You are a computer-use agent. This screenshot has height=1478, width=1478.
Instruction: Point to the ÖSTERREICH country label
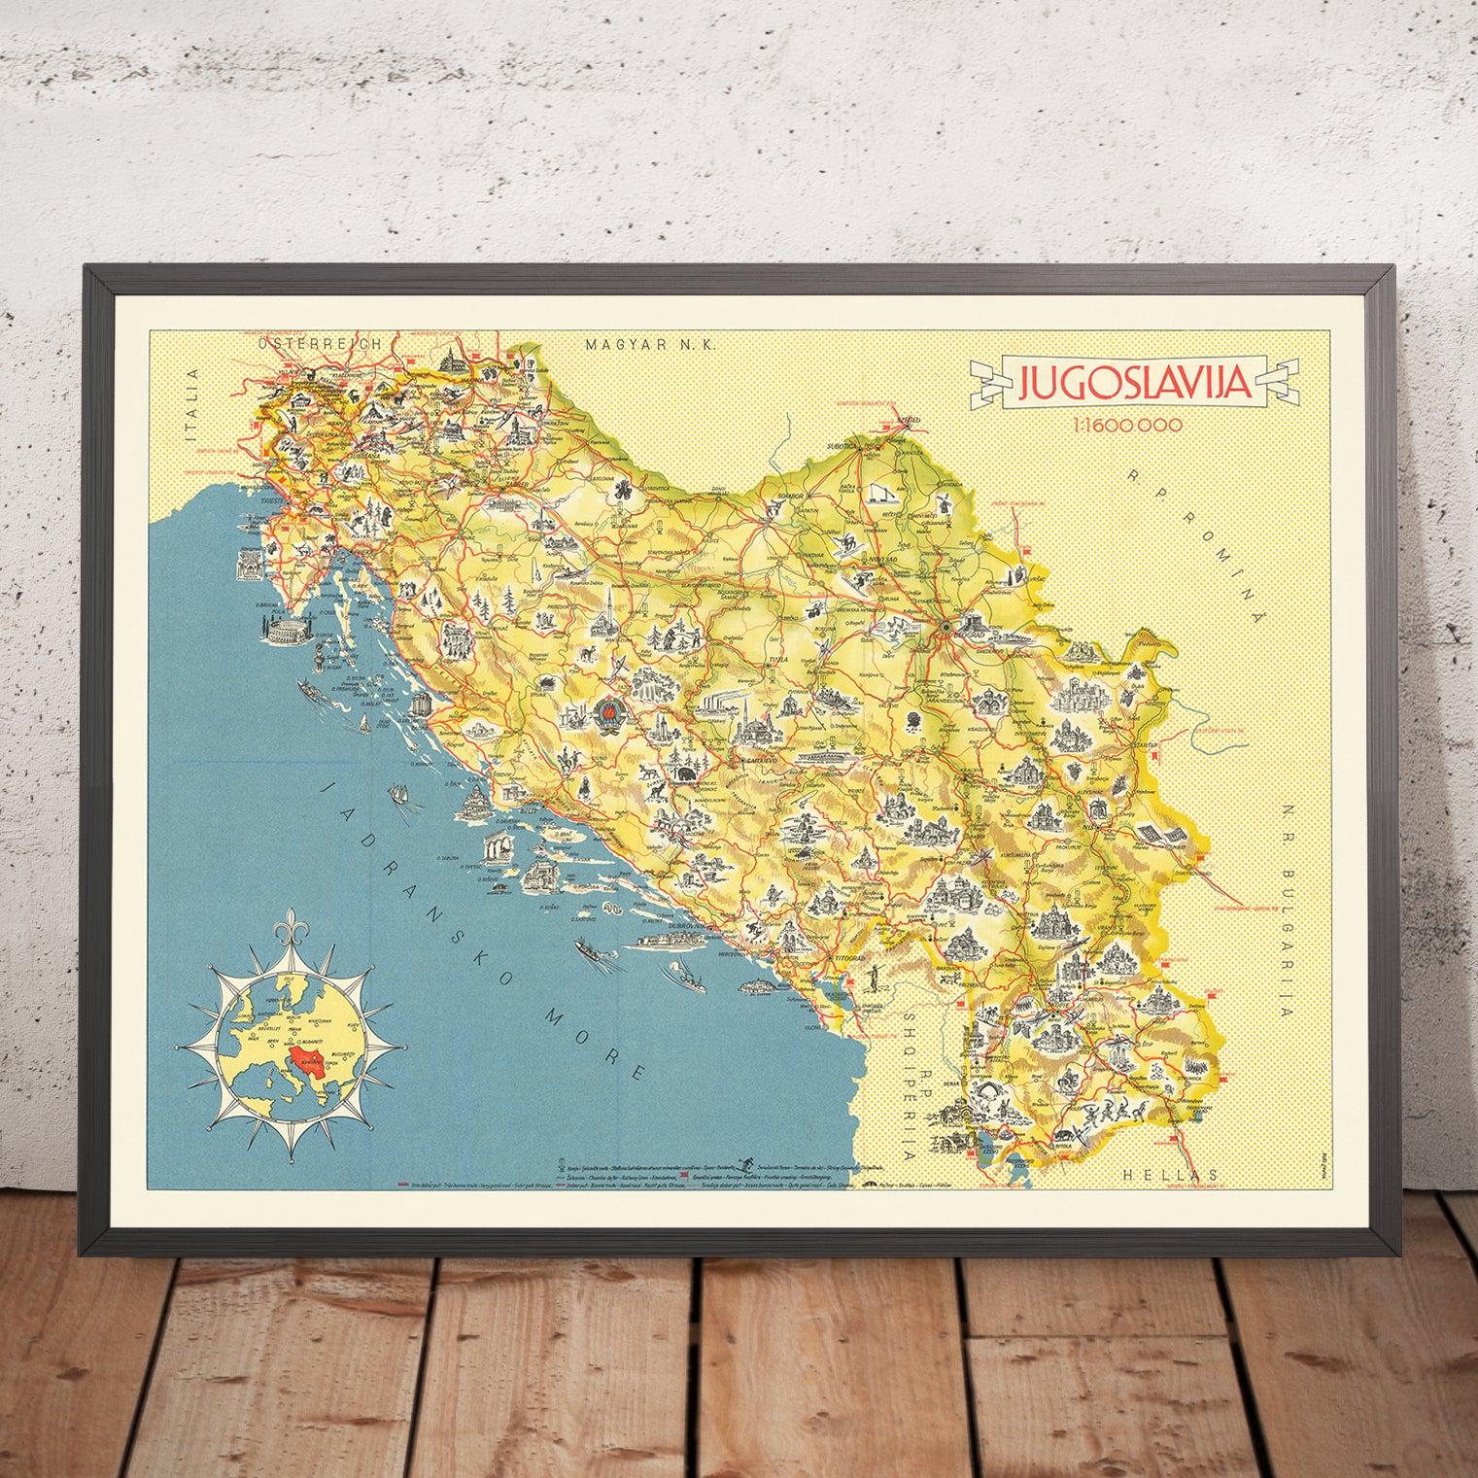click(312, 343)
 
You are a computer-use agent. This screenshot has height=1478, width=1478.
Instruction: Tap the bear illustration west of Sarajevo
click(688, 774)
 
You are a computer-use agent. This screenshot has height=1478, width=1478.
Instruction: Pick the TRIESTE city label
click(287, 496)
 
